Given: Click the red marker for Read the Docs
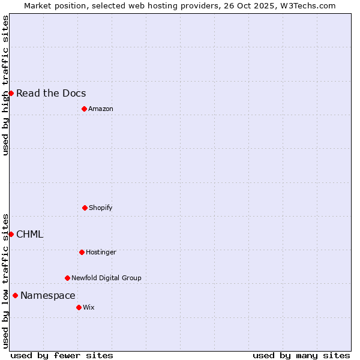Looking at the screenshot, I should (x=11, y=93).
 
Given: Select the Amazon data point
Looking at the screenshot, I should (x=84, y=109).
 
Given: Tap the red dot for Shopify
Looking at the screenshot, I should (x=85, y=208).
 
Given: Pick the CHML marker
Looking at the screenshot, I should (x=11, y=234).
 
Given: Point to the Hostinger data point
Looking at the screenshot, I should (x=82, y=252).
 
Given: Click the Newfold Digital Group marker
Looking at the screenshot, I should (x=67, y=278).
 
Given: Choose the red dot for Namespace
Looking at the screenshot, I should (x=15, y=295).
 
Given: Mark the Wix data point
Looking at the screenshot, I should (x=79, y=307).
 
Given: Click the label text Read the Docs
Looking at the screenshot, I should (x=51, y=93).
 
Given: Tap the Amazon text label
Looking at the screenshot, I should (x=101, y=109).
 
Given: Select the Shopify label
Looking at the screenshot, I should (x=101, y=208).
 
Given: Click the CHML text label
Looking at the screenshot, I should (x=30, y=234).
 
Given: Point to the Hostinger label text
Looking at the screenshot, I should (x=101, y=252).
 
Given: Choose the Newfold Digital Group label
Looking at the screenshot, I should (x=106, y=278).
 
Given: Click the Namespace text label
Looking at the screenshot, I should (x=48, y=295).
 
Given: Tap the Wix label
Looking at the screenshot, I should (x=89, y=307).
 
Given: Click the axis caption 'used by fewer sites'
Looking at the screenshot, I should (x=62, y=355).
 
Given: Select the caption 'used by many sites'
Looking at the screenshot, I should (x=301, y=355).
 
